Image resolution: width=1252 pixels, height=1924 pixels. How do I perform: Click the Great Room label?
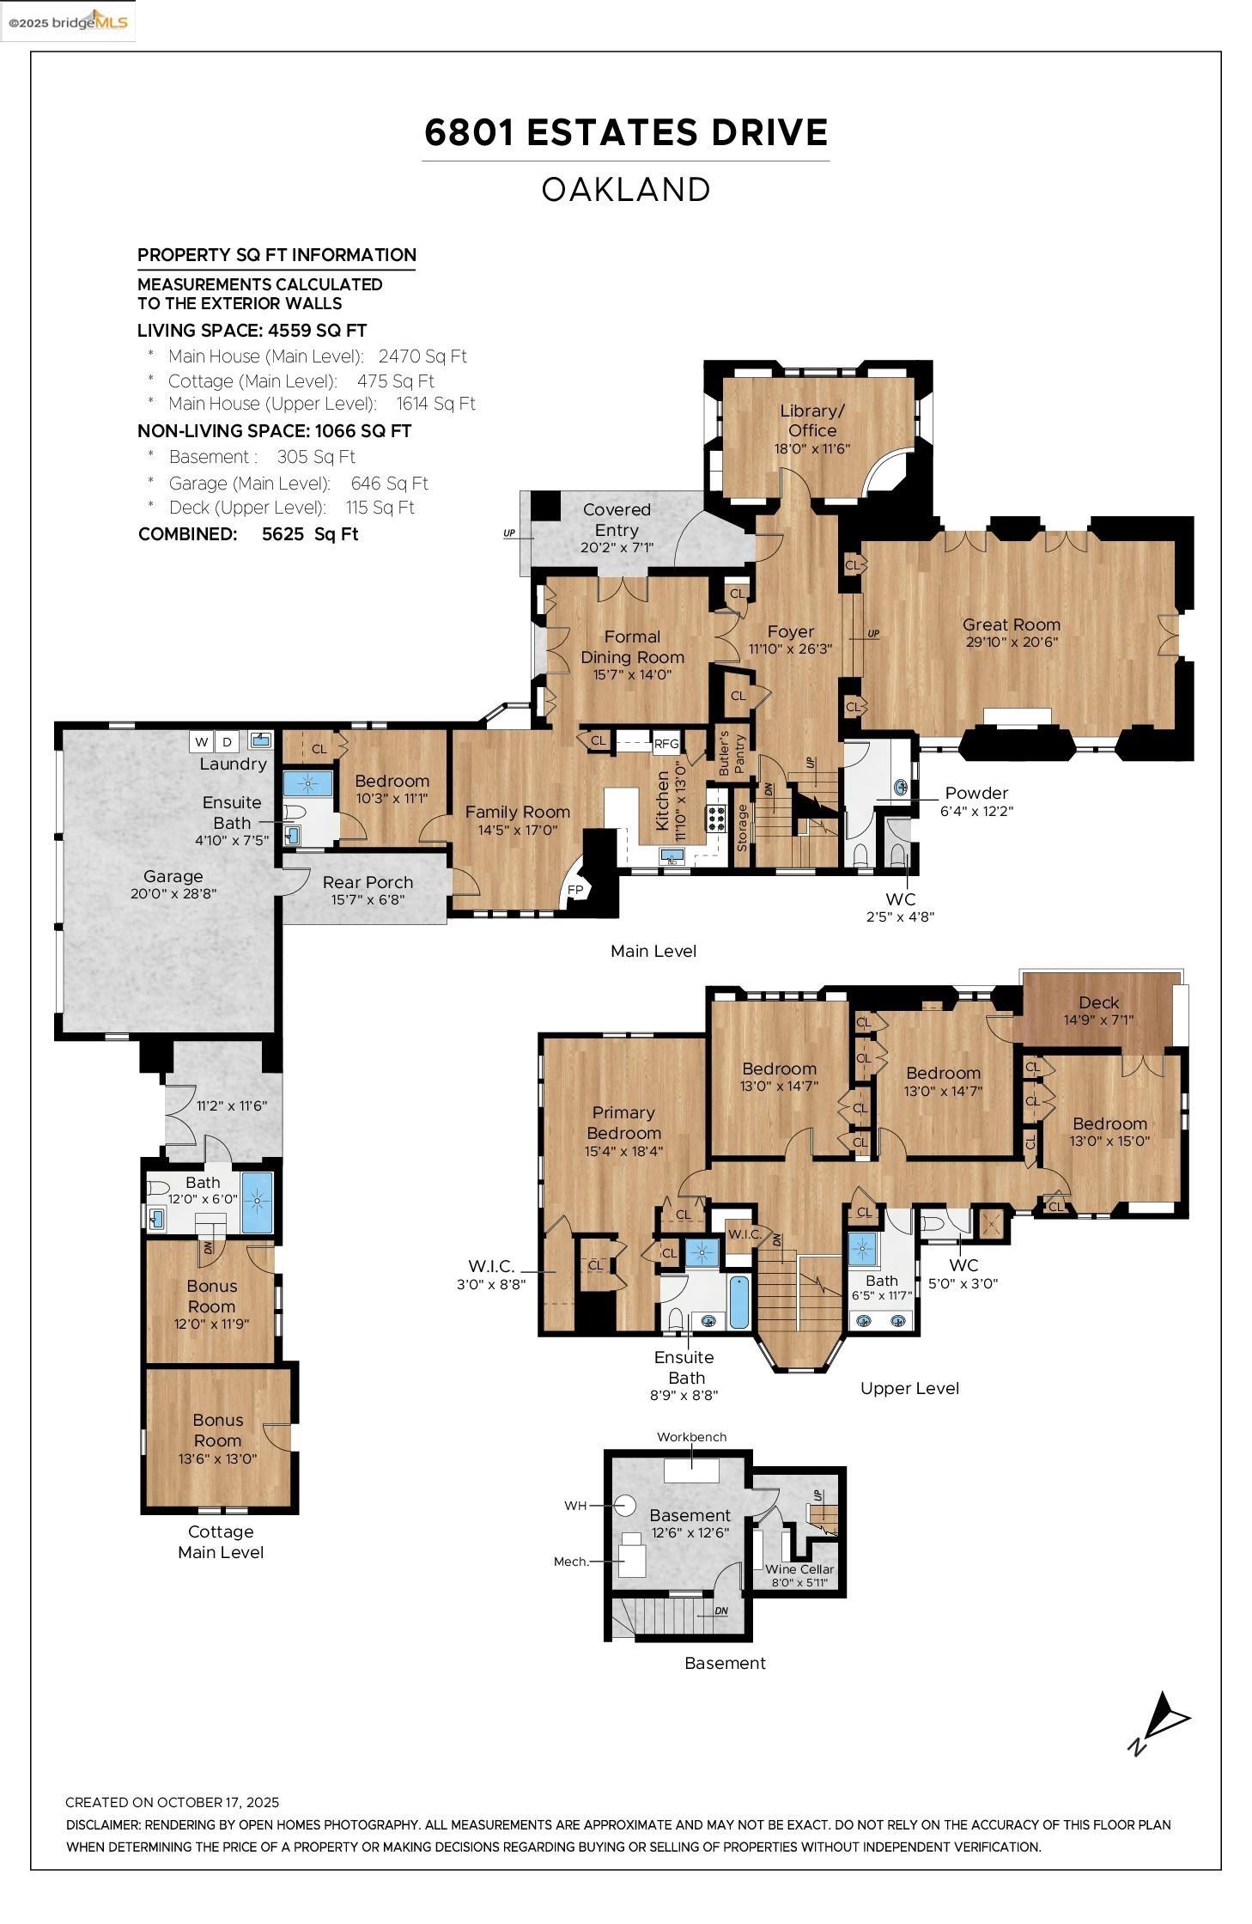point(1011,625)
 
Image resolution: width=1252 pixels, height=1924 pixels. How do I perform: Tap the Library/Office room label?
point(811,421)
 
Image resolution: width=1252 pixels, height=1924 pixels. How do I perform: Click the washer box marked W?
point(203,741)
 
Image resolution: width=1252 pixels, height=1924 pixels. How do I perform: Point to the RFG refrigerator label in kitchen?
point(666,745)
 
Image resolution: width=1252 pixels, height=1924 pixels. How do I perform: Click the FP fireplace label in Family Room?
point(574,890)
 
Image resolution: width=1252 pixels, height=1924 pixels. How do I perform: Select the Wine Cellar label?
point(799,1568)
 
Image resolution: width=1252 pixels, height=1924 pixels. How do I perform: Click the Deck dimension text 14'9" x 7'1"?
point(1098,1020)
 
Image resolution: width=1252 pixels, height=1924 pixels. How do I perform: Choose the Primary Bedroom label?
point(623,1123)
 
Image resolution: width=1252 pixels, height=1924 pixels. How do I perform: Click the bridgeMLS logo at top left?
point(69,21)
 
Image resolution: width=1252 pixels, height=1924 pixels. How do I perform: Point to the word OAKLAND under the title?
point(625,190)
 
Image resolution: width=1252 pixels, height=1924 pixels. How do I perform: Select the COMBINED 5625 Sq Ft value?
point(310,534)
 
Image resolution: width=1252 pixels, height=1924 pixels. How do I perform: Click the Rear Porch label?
point(368,882)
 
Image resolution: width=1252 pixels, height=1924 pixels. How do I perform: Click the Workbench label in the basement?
point(691,1437)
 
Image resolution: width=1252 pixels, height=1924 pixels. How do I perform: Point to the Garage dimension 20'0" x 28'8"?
point(173,893)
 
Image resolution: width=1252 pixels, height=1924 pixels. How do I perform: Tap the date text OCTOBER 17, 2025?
point(218,1803)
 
